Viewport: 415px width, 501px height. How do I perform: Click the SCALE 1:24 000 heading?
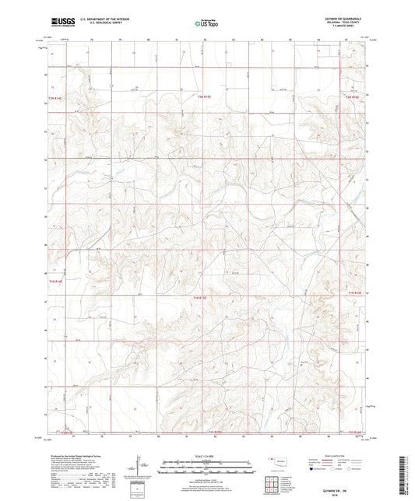(206, 455)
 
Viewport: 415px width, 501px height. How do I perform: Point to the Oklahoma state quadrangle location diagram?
(273, 463)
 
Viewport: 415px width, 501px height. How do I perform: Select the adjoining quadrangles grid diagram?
(273, 485)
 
